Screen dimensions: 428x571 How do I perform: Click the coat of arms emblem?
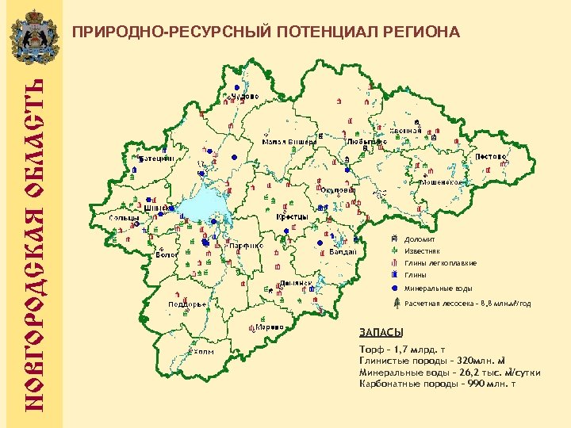[x=33, y=36]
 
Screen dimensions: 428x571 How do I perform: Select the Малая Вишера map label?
[x=289, y=142]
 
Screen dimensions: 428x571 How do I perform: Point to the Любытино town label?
[x=367, y=141]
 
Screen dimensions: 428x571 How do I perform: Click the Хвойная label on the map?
[x=406, y=131]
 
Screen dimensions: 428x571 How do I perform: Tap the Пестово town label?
[x=492, y=156]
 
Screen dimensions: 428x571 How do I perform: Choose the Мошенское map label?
[x=441, y=182]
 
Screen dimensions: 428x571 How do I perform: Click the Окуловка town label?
[x=339, y=190]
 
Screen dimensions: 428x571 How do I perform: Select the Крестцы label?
[x=293, y=216]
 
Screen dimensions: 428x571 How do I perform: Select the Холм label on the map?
[x=203, y=353]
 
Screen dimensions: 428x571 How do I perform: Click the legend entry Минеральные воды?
[x=439, y=289]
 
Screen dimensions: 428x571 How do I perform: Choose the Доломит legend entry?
[x=419, y=239]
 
